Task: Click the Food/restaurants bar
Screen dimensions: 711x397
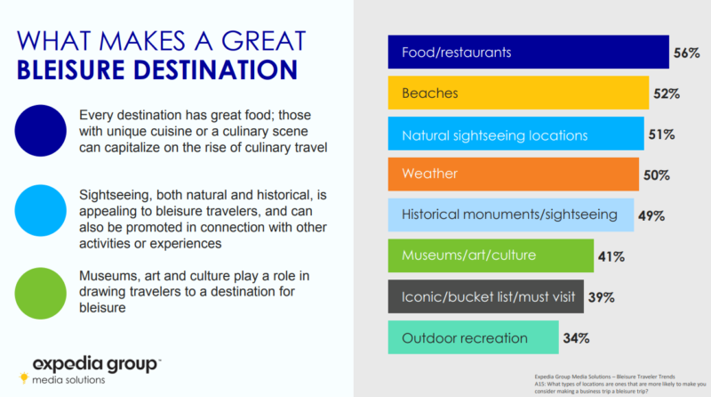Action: point(528,53)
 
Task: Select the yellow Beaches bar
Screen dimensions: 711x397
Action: point(518,93)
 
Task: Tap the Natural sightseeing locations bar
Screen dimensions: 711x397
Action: point(516,134)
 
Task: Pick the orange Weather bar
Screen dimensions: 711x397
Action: point(514,174)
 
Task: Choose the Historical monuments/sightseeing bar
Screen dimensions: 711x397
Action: point(511,215)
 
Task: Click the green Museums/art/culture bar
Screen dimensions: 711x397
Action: point(491,255)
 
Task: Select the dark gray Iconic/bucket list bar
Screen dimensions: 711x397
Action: point(485,296)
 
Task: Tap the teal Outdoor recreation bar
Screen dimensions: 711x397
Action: point(474,337)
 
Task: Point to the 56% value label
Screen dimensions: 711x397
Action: point(686,53)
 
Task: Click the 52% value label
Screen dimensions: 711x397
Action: point(666,93)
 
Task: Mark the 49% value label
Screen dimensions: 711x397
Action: point(651,215)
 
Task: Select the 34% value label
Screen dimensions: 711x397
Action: point(576,338)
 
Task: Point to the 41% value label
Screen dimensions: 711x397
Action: point(611,256)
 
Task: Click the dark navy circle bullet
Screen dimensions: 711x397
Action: point(40,131)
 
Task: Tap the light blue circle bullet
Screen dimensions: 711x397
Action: point(40,210)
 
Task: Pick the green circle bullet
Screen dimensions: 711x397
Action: point(40,294)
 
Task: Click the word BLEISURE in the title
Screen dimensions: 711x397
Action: point(70,70)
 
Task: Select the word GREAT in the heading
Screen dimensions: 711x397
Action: point(263,41)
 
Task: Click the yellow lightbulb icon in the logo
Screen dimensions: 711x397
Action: point(24,377)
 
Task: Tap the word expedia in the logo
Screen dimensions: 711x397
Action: point(68,363)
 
